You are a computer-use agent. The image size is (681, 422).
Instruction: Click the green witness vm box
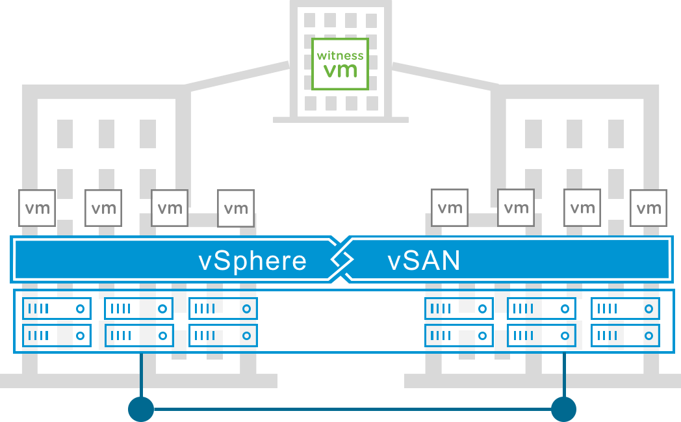tap(340, 64)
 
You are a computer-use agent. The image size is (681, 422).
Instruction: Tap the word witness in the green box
tap(340, 55)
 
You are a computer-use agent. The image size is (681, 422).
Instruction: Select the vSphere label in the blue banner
tap(252, 261)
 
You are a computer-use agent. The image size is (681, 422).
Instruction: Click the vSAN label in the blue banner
tap(424, 261)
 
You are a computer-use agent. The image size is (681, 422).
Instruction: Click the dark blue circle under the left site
tap(141, 409)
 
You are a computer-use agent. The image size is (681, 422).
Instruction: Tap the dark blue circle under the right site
tap(563, 409)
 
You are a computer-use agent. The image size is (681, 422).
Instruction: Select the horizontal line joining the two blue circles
tap(352, 409)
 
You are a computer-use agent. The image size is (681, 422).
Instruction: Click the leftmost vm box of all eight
tap(37, 208)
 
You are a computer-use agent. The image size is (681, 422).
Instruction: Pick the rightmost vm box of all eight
tap(649, 208)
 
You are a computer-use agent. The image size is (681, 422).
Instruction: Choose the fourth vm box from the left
tap(236, 208)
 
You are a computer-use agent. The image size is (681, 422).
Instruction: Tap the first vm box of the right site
tap(450, 208)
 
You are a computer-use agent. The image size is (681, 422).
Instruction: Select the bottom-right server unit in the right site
tap(625, 336)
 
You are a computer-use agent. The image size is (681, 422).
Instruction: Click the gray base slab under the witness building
tap(340, 120)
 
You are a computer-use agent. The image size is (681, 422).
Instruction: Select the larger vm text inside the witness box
tap(340, 70)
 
